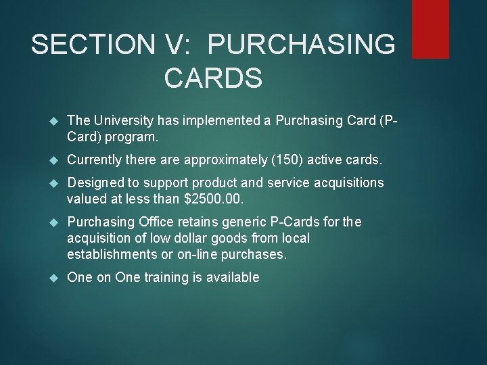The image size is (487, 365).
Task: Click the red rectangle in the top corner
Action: tap(430, 28)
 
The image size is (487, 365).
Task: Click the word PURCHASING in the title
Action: tap(301, 45)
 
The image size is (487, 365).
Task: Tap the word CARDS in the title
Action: tap(213, 78)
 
